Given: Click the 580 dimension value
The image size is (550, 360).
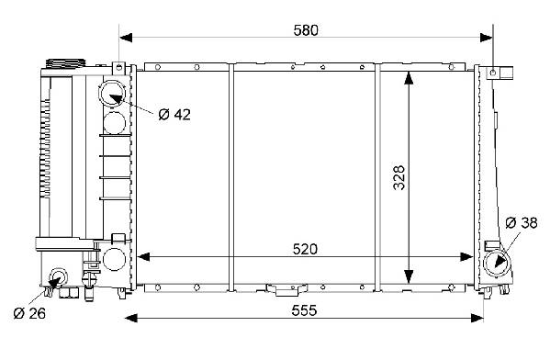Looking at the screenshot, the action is (306, 30).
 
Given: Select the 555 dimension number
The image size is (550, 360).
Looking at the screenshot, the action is (304, 310).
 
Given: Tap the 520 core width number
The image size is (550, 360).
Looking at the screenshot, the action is (305, 249).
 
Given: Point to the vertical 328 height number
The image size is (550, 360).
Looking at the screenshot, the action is (398, 177).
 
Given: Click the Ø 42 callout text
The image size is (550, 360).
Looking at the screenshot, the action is (174, 115).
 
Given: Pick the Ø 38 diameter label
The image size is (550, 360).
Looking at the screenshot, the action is (522, 222).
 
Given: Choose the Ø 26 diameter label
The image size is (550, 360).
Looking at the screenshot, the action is (29, 313).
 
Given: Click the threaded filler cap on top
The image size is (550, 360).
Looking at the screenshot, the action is (65, 63).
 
